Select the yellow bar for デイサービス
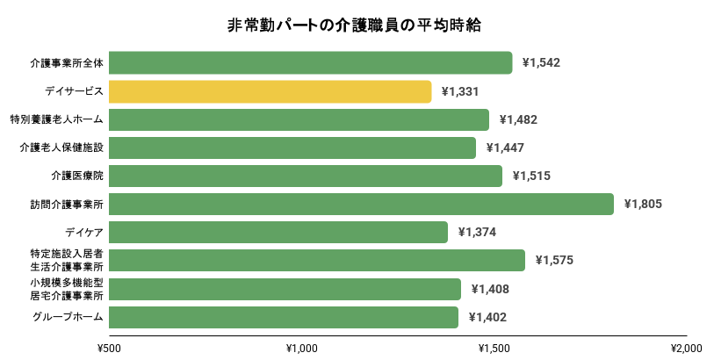(270, 91)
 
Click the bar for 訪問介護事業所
(362, 204)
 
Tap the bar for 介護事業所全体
(311, 63)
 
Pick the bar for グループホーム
(284, 317)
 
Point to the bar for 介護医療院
(306, 176)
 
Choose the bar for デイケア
(278, 232)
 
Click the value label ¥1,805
(642, 204)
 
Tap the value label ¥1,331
(460, 91)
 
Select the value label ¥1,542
(541, 63)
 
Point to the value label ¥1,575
(553, 260)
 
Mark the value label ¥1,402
(487, 317)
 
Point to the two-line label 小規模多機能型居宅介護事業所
(67, 289)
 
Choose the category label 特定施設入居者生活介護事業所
(67, 260)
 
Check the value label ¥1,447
(505, 148)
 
